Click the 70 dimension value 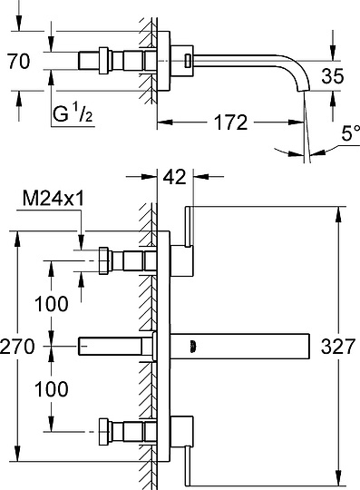coord(19,62)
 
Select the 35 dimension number coord(333,75)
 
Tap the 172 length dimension coord(230,122)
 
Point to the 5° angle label coord(350,132)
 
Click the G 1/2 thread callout coord(73,113)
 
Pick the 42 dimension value coord(174,177)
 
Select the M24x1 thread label coord(54,198)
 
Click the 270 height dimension coord(17,347)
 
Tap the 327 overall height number coord(338,347)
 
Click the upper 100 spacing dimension coord(51,304)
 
